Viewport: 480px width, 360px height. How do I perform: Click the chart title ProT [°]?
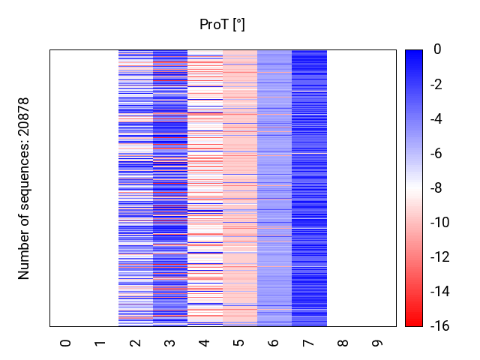pyautogui.click(x=222, y=25)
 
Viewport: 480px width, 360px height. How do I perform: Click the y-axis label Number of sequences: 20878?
pyautogui.click(x=24, y=188)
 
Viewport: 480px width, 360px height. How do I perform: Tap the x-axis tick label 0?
pyautogui.click(x=66, y=343)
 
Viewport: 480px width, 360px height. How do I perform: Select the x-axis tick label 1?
pyautogui.click(x=100, y=343)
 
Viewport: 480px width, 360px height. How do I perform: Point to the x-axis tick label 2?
pyautogui.click(x=136, y=343)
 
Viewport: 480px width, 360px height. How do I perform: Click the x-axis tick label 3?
pyautogui.click(x=170, y=343)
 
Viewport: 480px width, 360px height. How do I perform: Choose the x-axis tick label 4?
pyautogui.click(x=205, y=343)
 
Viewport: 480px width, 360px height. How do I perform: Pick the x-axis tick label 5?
pyautogui.click(x=239, y=343)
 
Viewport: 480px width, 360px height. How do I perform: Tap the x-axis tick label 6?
pyautogui.click(x=274, y=343)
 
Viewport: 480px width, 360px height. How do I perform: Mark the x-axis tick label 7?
pyautogui.click(x=309, y=343)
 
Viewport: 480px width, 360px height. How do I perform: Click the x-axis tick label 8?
pyautogui.click(x=343, y=343)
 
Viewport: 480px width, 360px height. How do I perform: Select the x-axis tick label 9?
pyautogui.click(x=378, y=343)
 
